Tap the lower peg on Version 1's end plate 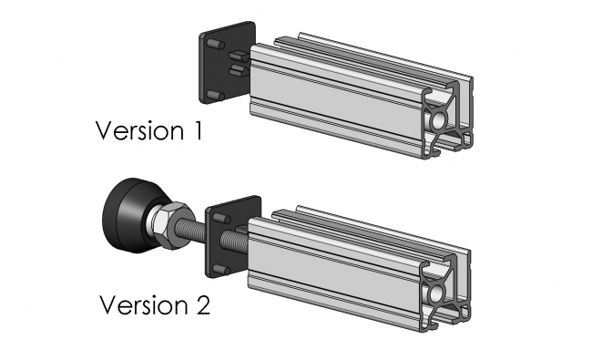coord(214,94)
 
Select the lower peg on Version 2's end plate coord(221,267)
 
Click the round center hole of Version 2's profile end coord(439,293)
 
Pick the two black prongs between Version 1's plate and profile coord(240,63)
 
